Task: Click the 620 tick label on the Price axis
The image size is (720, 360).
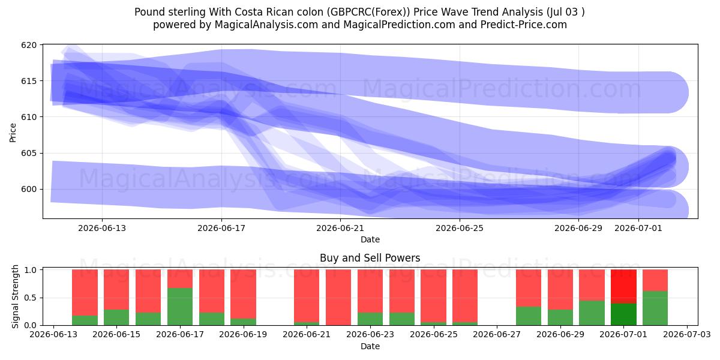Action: [29, 45]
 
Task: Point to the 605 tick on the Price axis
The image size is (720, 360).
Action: [29, 153]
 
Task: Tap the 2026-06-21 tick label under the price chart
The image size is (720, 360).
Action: [340, 228]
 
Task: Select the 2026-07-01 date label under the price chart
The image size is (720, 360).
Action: [638, 228]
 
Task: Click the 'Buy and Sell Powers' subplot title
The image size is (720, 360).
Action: [370, 258]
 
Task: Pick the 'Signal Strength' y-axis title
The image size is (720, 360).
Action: [15, 296]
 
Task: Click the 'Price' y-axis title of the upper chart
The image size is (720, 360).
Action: [13, 133]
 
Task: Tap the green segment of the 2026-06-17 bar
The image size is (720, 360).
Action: [180, 307]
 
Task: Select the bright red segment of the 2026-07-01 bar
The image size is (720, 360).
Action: [623, 286]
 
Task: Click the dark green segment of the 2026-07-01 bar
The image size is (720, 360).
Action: [623, 314]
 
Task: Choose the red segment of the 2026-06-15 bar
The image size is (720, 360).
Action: [116, 290]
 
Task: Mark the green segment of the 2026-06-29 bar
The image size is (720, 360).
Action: [560, 317]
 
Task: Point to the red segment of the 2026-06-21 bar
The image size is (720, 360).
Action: [307, 296]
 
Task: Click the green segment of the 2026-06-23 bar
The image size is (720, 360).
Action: [370, 319]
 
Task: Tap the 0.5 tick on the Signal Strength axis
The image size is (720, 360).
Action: [30, 298]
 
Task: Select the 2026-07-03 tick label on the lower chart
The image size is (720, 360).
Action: [687, 335]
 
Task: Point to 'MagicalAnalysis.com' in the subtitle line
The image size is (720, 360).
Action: [266, 25]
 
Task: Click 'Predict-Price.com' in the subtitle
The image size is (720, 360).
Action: [524, 25]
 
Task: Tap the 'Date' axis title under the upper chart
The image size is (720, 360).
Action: [370, 239]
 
